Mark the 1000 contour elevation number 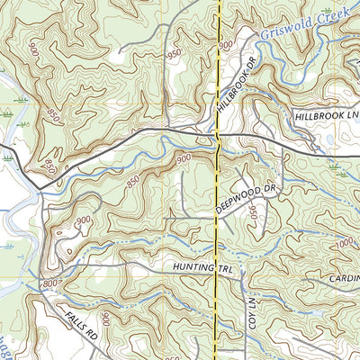tap(343, 243)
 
